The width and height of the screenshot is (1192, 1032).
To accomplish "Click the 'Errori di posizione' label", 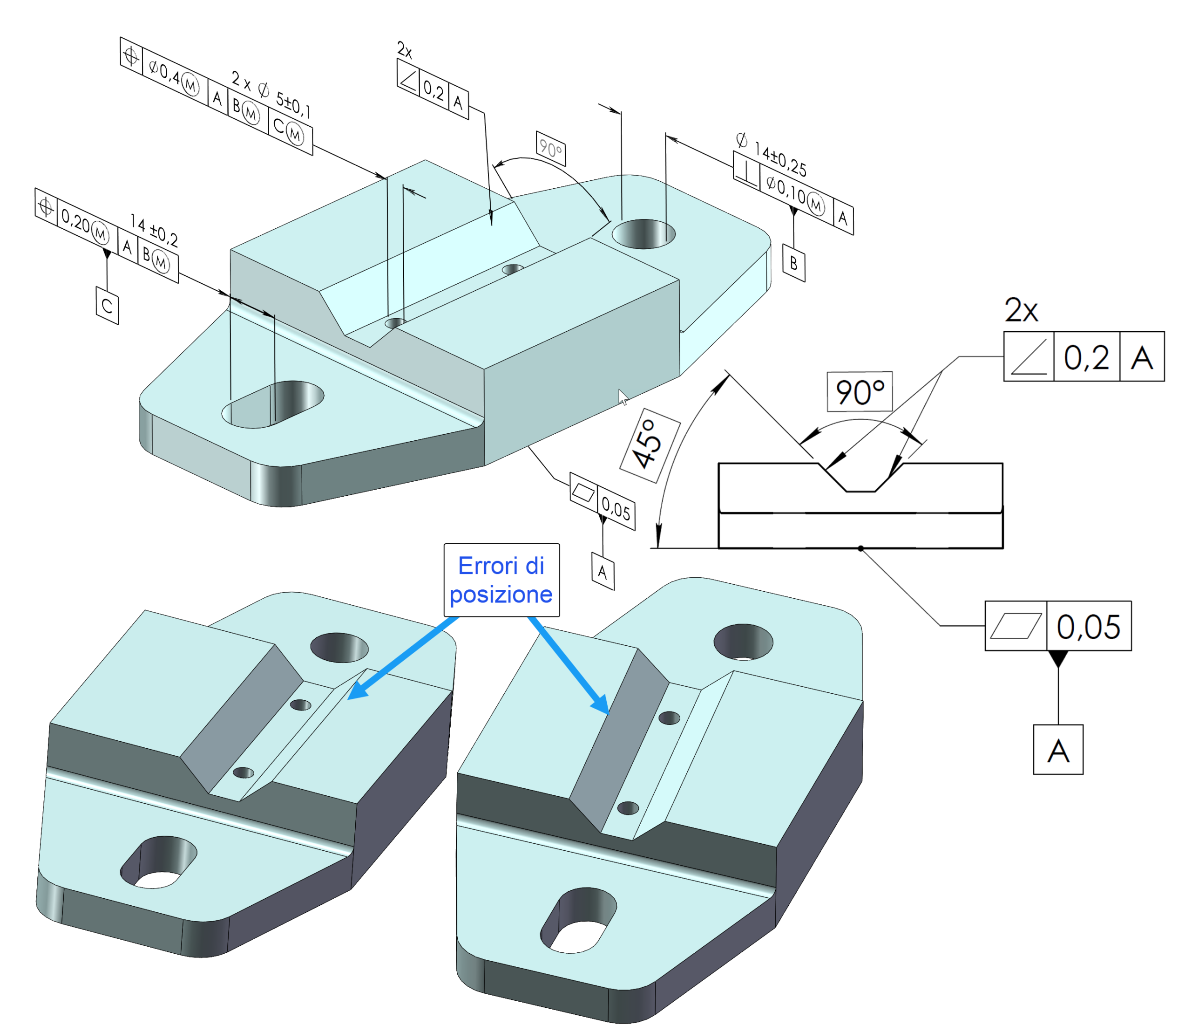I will pos(501,580).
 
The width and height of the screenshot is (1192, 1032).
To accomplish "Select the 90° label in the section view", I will pos(860,392).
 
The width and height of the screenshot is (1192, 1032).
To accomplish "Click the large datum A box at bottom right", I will pos(1058,750).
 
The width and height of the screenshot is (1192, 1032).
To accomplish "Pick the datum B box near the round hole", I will pos(794,264).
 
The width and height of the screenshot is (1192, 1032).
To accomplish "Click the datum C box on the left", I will pos(107,305).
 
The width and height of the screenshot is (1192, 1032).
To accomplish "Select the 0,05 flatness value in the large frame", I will pos(1088,627).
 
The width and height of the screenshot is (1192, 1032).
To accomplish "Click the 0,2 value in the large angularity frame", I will pos(1087,357).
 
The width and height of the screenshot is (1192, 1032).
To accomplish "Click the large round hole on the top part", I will pos(643,234).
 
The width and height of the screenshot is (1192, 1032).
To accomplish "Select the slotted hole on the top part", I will pos(273,403).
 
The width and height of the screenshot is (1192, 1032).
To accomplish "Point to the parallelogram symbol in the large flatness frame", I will pos(1016,627).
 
